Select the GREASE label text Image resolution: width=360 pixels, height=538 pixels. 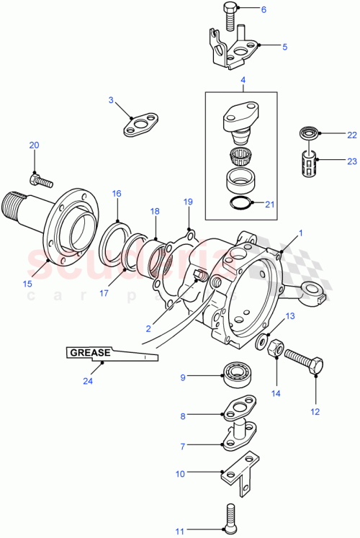(89, 352)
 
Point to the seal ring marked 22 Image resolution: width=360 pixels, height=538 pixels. (310, 134)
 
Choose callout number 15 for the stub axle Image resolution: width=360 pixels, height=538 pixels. (28, 284)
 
